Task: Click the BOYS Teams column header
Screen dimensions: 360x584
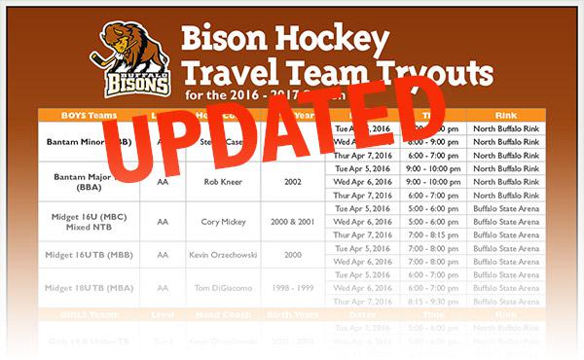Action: [x=89, y=115]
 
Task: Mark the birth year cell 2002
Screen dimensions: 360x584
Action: [x=293, y=180]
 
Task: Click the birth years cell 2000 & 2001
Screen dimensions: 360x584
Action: [x=293, y=221]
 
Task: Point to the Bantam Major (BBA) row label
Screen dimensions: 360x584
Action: [x=88, y=180]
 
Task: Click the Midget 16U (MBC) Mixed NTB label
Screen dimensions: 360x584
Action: [x=89, y=221]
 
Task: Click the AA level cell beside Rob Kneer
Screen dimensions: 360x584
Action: [x=163, y=180]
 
